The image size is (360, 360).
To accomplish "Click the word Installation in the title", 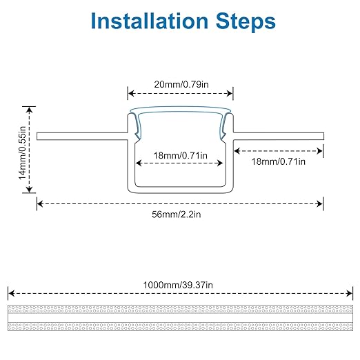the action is click(x=150, y=21).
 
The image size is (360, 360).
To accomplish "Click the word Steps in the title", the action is click(x=246, y=21).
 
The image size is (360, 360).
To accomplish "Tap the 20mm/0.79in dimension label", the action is click(x=181, y=84).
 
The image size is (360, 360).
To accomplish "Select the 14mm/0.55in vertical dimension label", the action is click(x=22, y=153).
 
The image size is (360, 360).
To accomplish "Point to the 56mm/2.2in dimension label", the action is click(x=177, y=214).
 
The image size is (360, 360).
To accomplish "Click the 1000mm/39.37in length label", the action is click(x=178, y=285).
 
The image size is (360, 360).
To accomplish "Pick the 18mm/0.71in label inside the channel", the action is click(x=181, y=156).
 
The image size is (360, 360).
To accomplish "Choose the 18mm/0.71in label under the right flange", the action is click(x=279, y=161).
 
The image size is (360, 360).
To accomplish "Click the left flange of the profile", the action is click(x=82, y=136).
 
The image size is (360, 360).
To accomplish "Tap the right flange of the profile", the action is click(x=279, y=136).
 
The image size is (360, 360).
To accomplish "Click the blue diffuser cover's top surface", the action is click(x=181, y=109).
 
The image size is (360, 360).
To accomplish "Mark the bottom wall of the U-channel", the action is click(x=181, y=190).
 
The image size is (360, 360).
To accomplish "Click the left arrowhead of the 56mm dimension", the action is click(x=40, y=204).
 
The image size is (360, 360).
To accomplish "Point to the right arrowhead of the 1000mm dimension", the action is click(x=350, y=294).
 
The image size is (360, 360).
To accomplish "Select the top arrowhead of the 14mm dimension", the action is click(x=29, y=110).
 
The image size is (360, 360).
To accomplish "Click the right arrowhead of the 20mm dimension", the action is click(x=230, y=94).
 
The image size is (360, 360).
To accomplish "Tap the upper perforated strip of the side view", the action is click(x=181, y=309).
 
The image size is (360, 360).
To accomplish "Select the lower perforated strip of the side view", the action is click(x=181, y=326).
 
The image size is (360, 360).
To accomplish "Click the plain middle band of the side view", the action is click(x=181, y=318).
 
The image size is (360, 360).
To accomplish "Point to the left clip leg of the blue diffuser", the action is click(x=136, y=126).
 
